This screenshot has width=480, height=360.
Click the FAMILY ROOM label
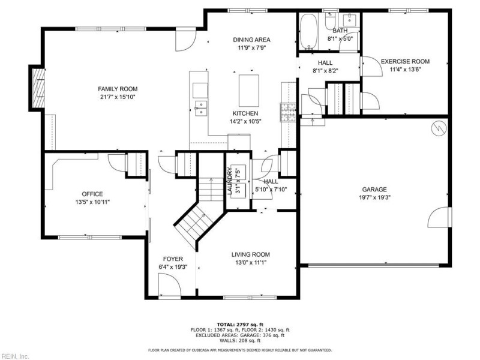point(118,89)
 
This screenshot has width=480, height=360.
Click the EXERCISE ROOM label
point(405,61)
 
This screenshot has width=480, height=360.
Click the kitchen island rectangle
point(250,90)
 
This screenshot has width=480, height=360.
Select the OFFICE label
point(92,194)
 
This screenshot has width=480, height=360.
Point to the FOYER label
point(173,259)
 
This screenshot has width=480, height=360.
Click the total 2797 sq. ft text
point(240,324)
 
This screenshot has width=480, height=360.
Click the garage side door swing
point(442,217)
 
